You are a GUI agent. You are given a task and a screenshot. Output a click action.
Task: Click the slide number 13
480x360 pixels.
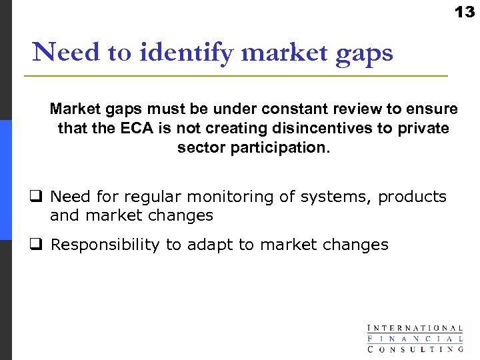[x=464, y=11]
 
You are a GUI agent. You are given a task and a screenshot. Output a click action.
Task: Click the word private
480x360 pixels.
[x=425, y=128]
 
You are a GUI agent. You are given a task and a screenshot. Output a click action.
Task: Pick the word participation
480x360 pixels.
[x=279, y=147]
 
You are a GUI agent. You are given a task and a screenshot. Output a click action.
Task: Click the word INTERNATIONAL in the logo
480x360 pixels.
[x=415, y=328]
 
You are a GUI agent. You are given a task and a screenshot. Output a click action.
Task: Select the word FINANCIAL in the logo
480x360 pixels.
[x=415, y=338]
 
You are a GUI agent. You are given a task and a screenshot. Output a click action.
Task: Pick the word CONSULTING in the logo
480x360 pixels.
[x=415, y=349]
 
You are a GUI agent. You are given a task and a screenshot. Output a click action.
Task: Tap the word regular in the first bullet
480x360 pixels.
[x=152, y=197]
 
